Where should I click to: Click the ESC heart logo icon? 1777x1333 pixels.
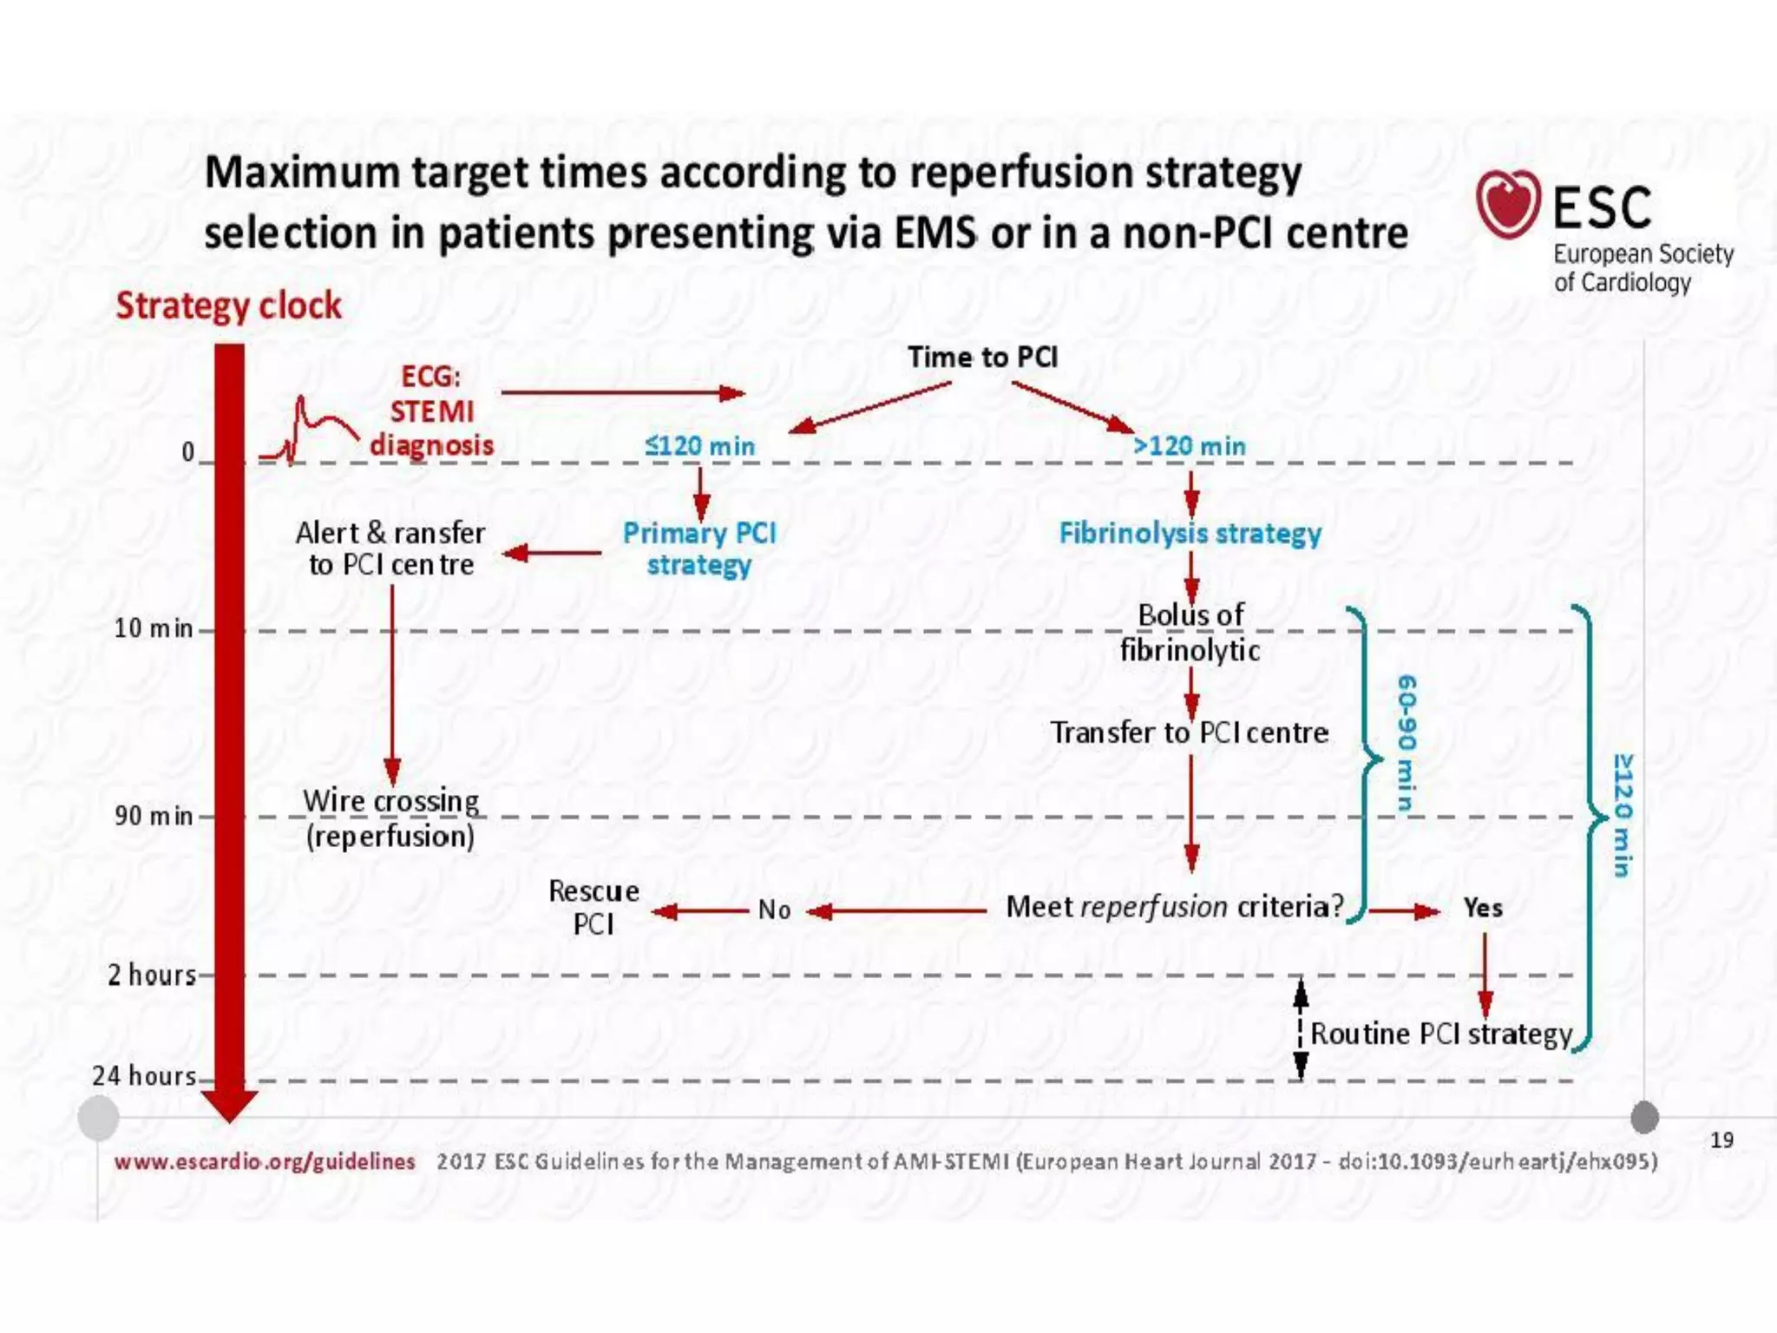[x=1508, y=204]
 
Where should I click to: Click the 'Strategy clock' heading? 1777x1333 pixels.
[x=229, y=305]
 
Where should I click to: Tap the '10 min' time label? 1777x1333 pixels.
[x=154, y=627]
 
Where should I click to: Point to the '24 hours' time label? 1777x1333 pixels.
[x=145, y=1075]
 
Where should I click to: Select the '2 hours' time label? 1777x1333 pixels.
[x=152, y=975]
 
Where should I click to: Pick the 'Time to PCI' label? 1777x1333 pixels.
[x=982, y=357]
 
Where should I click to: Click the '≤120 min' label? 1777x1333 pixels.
[x=699, y=446]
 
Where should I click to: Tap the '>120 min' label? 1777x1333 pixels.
[x=1189, y=446]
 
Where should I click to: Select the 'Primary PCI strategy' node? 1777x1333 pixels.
[x=699, y=548]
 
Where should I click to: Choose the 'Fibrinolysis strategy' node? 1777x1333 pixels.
[x=1190, y=533]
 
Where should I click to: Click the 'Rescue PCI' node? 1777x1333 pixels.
[x=593, y=908]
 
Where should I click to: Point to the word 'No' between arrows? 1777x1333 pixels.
[x=774, y=909]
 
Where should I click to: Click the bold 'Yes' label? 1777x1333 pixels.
[x=1483, y=908]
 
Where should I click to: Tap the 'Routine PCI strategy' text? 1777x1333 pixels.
[x=1440, y=1034]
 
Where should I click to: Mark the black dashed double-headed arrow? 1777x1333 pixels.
[x=1300, y=1029]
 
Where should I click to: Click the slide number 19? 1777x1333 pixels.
[x=1721, y=1139]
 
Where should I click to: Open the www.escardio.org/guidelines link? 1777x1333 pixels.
[x=265, y=1161]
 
